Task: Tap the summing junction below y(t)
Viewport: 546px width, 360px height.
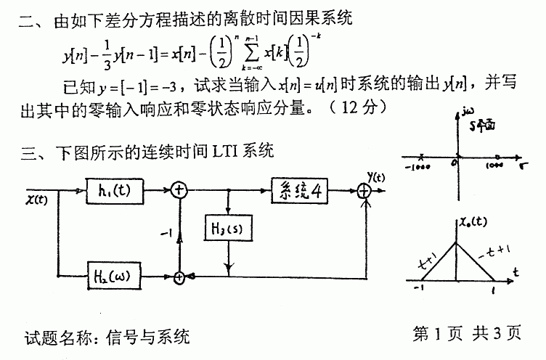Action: pyautogui.click(x=364, y=191)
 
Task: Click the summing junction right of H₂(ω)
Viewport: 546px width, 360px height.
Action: pyautogui.click(x=179, y=276)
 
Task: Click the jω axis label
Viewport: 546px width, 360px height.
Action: pyautogui.click(x=467, y=114)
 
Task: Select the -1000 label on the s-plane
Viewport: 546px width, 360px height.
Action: pyautogui.click(x=416, y=165)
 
